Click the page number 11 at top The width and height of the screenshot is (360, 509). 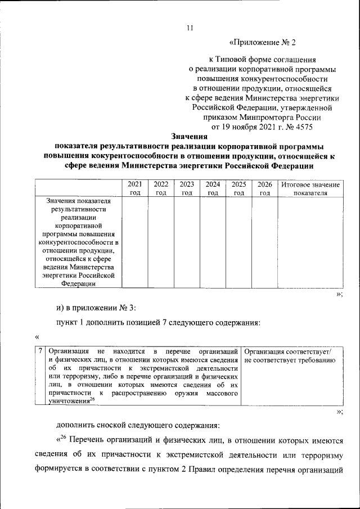point(190,29)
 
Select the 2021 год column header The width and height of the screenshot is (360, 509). point(134,188)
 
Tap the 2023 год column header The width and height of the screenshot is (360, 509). point(187,188)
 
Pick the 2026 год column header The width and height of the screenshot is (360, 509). point(265,188)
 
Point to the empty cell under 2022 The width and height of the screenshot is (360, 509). point(161,242)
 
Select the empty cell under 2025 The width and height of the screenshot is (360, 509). point(238,242)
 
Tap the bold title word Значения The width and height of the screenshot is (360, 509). point(190,136)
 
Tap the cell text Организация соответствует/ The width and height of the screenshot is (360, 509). point(289,352)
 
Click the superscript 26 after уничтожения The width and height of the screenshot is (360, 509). point(92,399)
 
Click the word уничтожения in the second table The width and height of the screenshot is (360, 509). point(69,401)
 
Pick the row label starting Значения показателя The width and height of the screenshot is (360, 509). point(78,242)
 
